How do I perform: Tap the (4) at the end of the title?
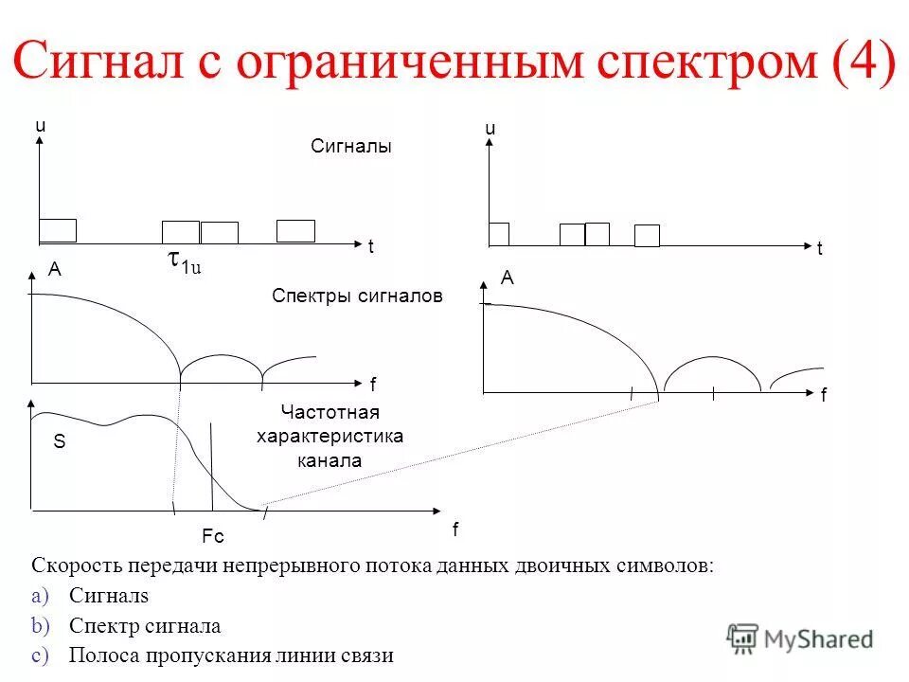863,63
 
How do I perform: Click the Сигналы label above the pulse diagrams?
350,147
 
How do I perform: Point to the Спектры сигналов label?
357,296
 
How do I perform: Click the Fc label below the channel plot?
213,537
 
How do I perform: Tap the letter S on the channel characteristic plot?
58,441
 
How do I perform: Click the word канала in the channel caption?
330,461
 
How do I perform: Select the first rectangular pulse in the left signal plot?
58,230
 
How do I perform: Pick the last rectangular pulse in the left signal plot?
295,231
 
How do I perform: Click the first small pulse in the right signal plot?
499,234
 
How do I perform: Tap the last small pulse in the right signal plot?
647,236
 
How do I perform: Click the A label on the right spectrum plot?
508,278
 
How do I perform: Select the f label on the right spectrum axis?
823,396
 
